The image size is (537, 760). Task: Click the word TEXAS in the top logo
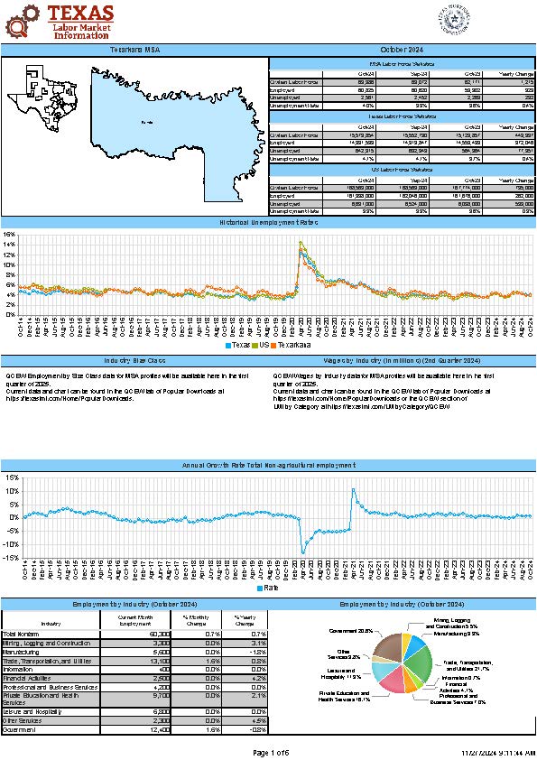click(x=80, y=12)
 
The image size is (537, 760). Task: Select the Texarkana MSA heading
click(x=135, y=49)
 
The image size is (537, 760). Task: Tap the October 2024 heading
click(x=402, y=49)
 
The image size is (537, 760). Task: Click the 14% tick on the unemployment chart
click(x=10, y=245)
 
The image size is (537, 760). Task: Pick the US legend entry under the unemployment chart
click(x=262, y=345)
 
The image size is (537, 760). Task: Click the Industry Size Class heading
click(x=135, y=360)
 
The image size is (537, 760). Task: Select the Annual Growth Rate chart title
click(x=268, y=465)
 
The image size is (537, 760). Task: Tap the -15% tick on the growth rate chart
click(x=9, y=558)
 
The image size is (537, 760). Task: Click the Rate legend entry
click(x=268, y=588)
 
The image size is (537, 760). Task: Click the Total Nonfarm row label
click(x=22, y=635)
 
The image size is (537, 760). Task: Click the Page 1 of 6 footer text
click(x=268, y=752)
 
